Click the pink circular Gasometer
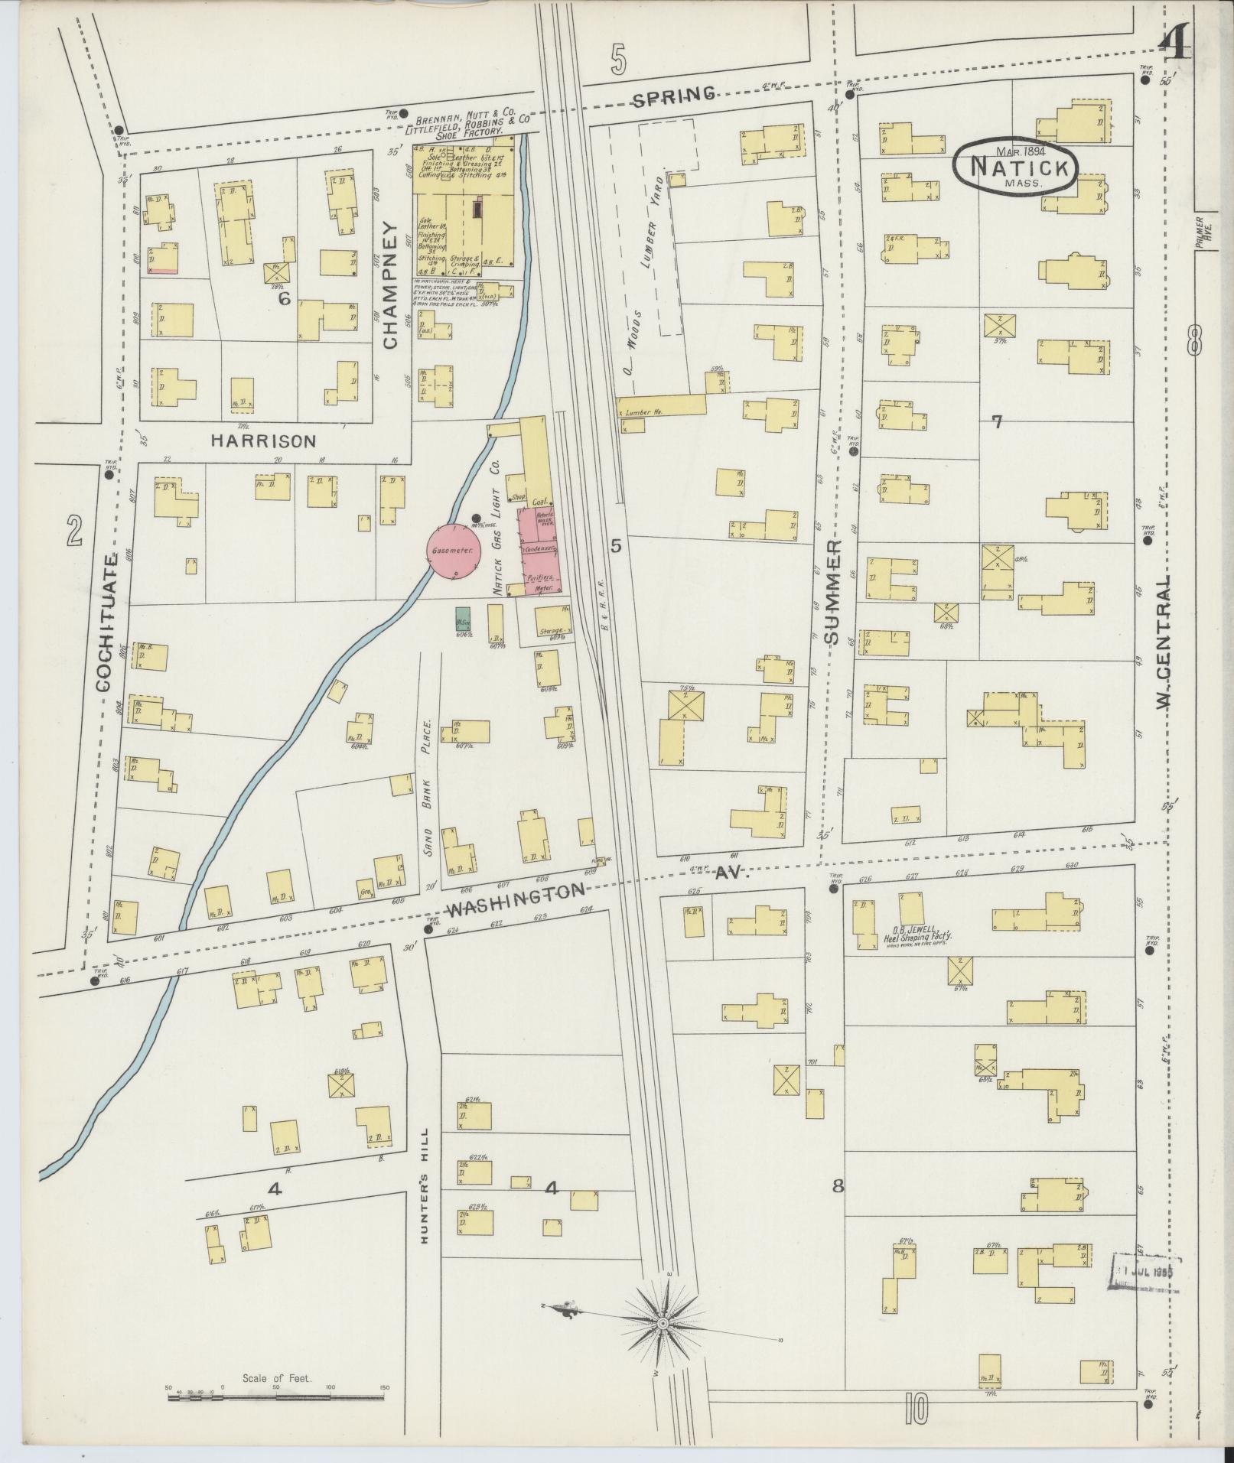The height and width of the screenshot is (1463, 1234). point(453,551)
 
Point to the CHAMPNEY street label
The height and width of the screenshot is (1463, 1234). point(392,285)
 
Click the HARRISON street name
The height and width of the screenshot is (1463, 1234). point(263,441)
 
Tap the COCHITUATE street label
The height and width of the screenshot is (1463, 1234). point(106,623)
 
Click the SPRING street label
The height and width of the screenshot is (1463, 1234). point(674,95)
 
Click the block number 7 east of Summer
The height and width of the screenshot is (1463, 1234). point(996,421)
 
